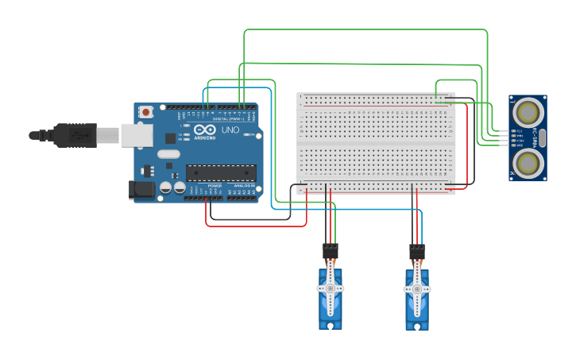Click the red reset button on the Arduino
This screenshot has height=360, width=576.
click(x=146, y=114)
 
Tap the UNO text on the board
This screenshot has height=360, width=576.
click(x=230, y=130)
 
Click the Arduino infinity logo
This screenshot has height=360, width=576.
click(x=204, y=130)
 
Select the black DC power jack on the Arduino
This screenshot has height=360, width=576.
click(x=141, y=189)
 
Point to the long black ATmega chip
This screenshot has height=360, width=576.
click(x=221, y=172)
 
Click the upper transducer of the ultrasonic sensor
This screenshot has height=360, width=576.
click(x=528, y=110)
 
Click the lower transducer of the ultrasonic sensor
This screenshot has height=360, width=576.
click(x=528, y=163)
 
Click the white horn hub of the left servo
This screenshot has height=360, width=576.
click(x=331, y=289)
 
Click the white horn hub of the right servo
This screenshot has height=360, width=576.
click(x=416, y=290)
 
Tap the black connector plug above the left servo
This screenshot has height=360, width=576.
click(x=331, y=251)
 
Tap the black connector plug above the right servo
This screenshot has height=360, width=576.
click(x=416, y=252)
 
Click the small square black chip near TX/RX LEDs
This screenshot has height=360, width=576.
click(x=169, y=137)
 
